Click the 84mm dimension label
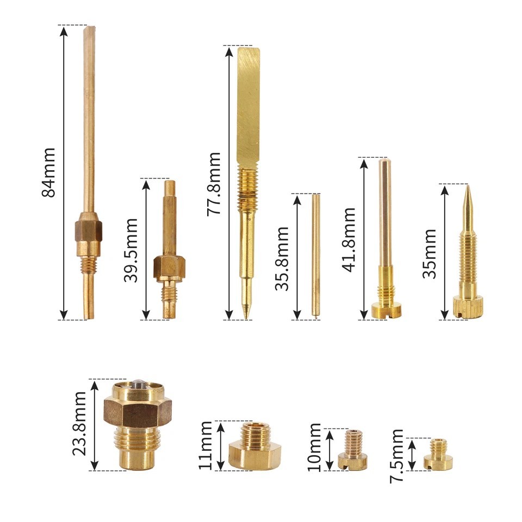tap(48, 172)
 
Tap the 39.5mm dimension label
tap(131, 250)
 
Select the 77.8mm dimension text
tap(214, 184)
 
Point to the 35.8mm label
tap(282, 259)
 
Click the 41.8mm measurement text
tap(349, 240)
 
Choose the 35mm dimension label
tap(430, 254)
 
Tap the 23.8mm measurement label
tap(79, 424)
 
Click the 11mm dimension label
tap(206, 445)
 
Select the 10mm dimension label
tap(314, 448)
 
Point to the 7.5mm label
tap(396, 456)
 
